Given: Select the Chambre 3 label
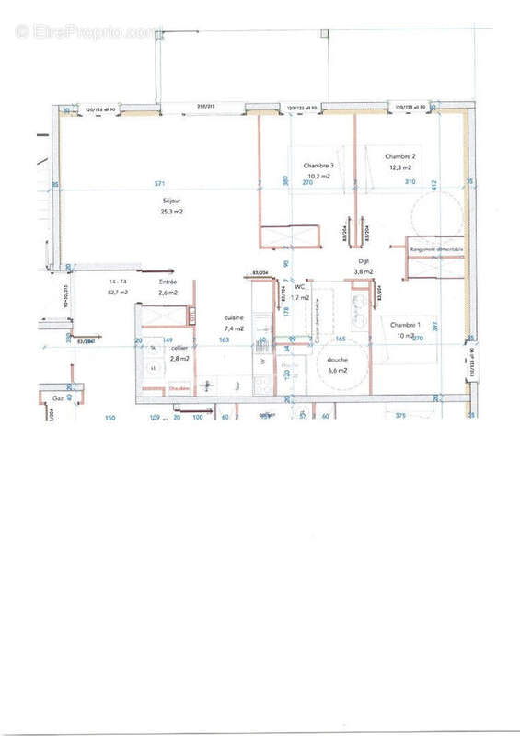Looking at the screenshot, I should coord(318,166).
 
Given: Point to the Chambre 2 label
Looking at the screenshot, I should coord(400,156).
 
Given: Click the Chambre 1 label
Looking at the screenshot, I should coord(405,325).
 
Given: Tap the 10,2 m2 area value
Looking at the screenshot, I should coord(318,176).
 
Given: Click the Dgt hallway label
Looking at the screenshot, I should coord(364,261).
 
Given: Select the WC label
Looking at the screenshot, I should coord(300,287).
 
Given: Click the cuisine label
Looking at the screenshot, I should coord(234,317).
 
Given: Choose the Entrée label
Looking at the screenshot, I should coord(168,282).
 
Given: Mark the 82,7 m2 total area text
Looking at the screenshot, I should coord(118,292).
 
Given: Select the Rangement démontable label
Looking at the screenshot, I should coord(437,250).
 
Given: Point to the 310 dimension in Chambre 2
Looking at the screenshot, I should coord(410,182).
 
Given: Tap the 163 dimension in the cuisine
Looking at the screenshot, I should coord(224,339).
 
